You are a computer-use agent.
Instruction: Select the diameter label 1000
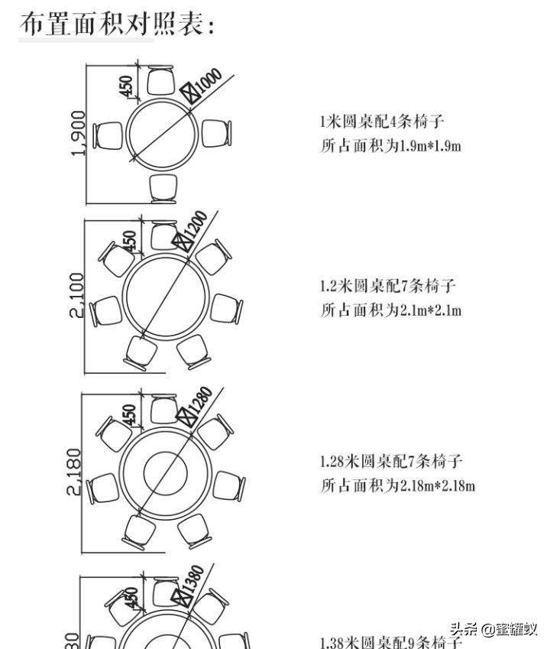(207, 82)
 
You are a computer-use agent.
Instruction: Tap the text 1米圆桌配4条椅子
(382, 122)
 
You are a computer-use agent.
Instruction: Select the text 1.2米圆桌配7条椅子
(387, 287)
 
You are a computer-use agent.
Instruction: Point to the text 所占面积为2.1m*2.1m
(390, 310)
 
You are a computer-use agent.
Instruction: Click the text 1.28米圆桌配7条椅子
(390, 462)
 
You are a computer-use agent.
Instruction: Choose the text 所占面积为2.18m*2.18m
(397, 485)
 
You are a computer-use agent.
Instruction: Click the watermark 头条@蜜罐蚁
(493, 630)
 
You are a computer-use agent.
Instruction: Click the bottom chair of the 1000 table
(164, 188)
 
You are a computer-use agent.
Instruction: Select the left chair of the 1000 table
(108, 136)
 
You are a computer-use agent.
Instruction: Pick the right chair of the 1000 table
(217, 133)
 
